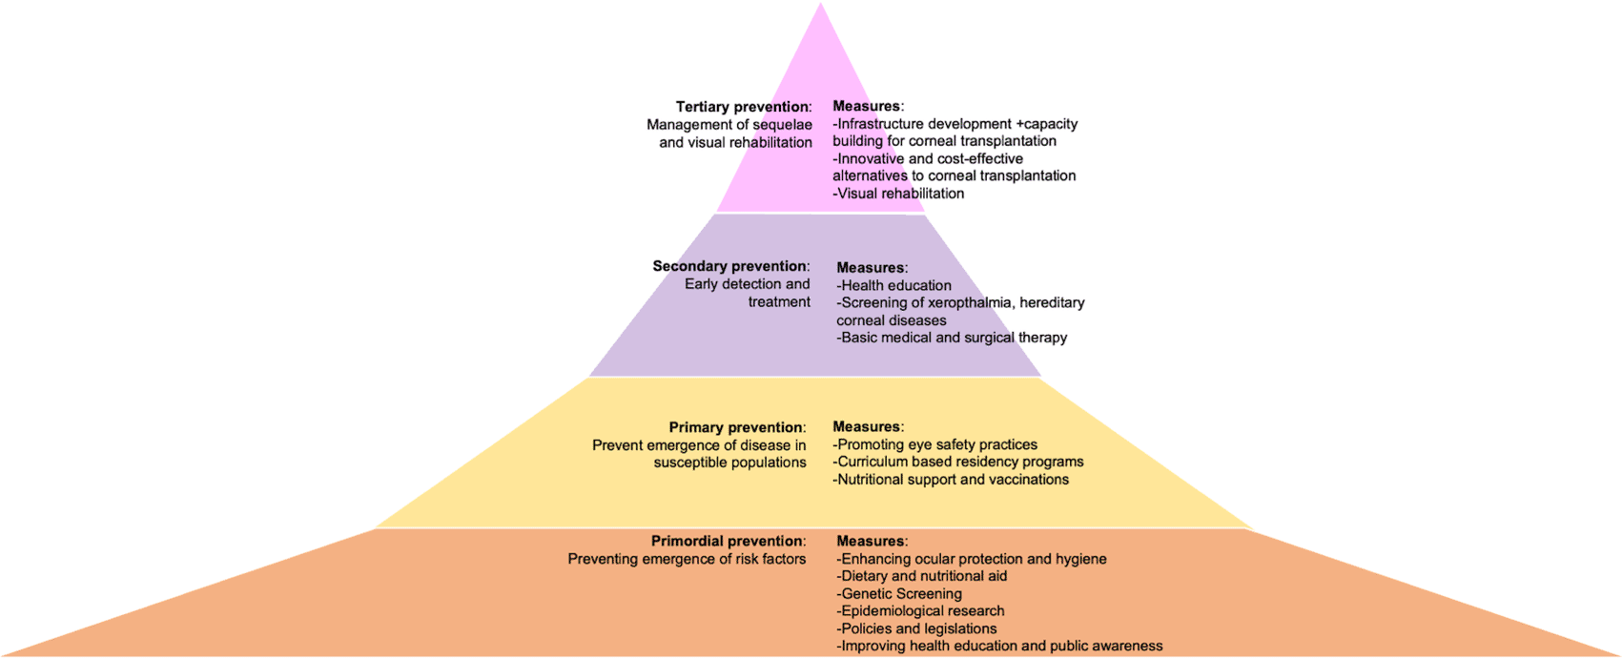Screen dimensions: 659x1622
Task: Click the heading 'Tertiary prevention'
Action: pos(743,107)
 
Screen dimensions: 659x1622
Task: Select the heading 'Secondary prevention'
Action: pos(729,266)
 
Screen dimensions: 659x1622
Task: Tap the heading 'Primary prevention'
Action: pos(736,427)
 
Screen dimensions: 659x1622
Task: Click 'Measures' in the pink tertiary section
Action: pos(867,106)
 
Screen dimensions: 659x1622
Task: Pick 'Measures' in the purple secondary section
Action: pos(871,268)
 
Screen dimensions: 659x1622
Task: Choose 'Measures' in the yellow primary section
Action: pos(867,426)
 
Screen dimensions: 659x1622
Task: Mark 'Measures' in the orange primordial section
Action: pos(871,541)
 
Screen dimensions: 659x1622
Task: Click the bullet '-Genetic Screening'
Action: pos(900,593)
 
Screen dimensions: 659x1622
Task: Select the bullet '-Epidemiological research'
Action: pos(921,610)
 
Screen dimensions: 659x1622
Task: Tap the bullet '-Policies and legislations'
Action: pos(917,628)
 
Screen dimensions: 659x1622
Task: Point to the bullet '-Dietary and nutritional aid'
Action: pos(922,576)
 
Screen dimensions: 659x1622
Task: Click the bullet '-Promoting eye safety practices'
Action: pos(935,444)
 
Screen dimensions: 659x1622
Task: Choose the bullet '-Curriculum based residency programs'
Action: pos(958,462)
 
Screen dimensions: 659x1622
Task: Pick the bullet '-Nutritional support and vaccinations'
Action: pos(951,480)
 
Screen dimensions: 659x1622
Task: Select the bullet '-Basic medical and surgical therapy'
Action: pos(952,338)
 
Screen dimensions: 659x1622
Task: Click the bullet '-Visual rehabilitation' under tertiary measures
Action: pos(898,194)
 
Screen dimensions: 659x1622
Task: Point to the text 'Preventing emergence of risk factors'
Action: pos(687,559)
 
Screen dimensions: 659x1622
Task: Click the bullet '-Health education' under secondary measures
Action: pos(894,285)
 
